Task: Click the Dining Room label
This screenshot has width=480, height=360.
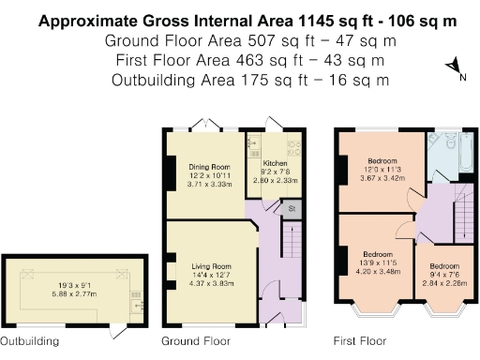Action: [209, 166]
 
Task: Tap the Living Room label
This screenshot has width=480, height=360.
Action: [209, 264]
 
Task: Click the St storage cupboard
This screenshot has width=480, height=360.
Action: [292, 208]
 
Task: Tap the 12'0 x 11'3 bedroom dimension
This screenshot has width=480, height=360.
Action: [380, 169]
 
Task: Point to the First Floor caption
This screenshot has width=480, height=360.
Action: [360, 340]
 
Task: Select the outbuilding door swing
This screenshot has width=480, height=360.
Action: [120, 330]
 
